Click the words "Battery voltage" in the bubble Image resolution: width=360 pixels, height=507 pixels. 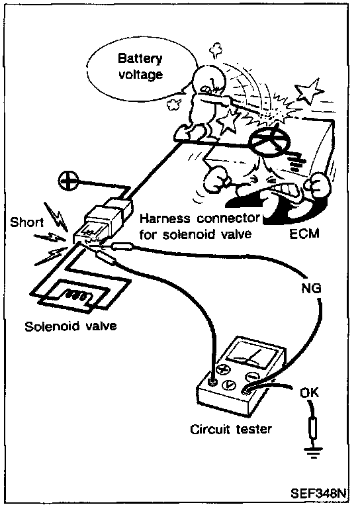pyautogui.click(x=140, y=67)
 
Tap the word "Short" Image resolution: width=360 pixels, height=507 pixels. pyautogui.click(x=27, y=222)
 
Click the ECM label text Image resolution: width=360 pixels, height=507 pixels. pyautogui.click(x=304, y=233)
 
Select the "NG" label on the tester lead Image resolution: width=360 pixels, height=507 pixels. pyautogui.click(x=311, y=288)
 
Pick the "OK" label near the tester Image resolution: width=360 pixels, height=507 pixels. pyautogui.click(x=309, y=392)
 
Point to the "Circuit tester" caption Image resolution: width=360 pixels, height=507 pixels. pyautogui.click(x=231, y=430)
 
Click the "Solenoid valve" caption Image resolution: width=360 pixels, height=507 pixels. pyautogui.click(x=71, y=326)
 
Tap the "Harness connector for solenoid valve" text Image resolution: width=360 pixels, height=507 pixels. pyautogui.click(x=199, y=226)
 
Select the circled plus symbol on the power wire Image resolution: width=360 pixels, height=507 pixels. pyautogui.click(x=68, y=181)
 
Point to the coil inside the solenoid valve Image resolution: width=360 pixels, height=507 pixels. pyautogui.click(x=77, y=296)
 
